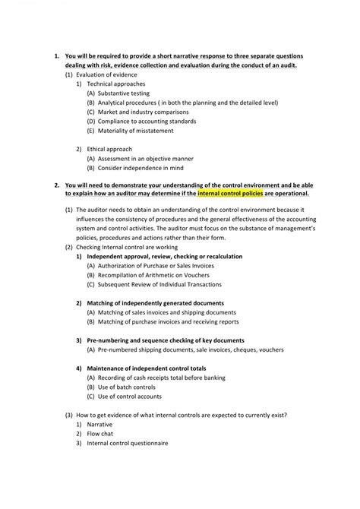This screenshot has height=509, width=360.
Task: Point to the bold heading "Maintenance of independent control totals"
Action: [x=151, y=368]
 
